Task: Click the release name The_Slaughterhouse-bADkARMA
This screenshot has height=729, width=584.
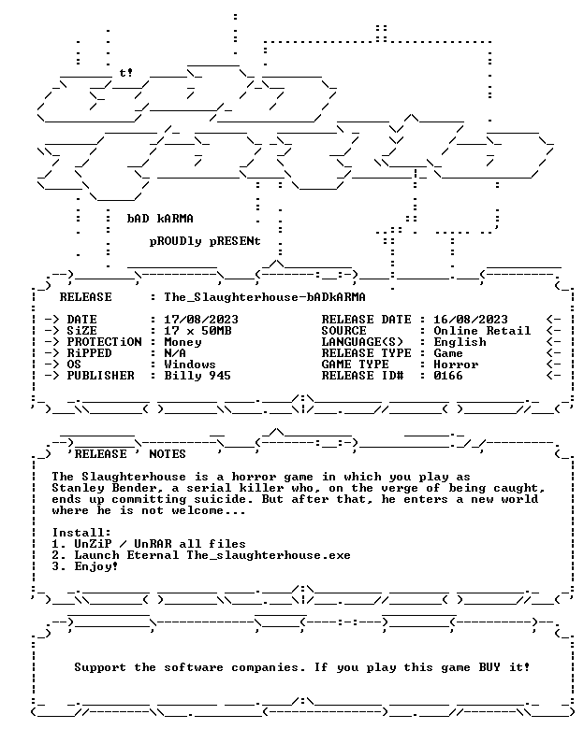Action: click(265, 297)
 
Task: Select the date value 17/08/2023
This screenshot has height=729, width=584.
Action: click(200, 320)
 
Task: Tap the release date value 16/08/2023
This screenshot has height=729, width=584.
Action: click(471, 320)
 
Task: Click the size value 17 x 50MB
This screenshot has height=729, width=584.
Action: click(197, 331)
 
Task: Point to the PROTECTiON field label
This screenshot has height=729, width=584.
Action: click(104, 342)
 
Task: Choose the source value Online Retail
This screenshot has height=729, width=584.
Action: click(482, 331)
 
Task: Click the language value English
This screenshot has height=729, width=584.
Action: click(460, 342)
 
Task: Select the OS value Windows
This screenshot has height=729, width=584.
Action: click(190, 364)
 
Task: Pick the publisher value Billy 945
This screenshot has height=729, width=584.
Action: click(197, 376)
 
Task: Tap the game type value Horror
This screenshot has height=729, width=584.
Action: click(456, 364)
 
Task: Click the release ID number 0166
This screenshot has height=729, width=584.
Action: click(448, 375)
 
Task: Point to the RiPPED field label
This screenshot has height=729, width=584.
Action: click(89, 353)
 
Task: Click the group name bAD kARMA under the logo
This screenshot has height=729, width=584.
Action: click(160, 219)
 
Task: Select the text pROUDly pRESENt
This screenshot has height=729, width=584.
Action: click(205, 242)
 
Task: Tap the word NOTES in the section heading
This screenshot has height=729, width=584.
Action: click(168, 454)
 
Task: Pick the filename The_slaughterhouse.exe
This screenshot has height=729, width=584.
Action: click(269, 555)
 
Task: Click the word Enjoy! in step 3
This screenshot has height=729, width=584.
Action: click(96, 566)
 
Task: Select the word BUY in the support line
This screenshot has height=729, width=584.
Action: click(489, 667)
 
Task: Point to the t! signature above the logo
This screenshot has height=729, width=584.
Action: click(125, 73)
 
